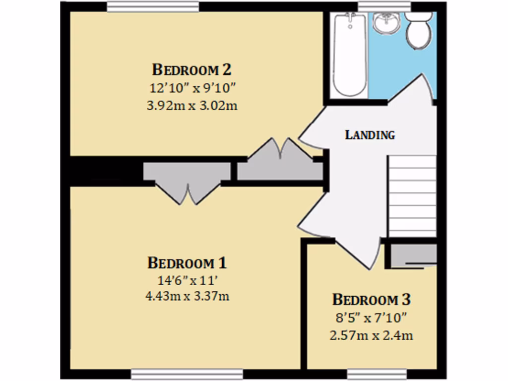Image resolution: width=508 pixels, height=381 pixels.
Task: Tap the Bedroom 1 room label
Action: click(187, 262)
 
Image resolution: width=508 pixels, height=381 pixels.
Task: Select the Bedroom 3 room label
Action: click(372, 300)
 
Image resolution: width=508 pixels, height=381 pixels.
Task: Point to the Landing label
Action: click(370, 134)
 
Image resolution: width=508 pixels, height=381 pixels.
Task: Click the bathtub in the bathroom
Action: click(350, 55)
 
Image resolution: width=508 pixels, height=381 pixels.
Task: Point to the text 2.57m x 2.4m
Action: click(372, 335)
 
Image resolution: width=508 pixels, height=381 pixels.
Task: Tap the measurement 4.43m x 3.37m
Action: click(187, 297)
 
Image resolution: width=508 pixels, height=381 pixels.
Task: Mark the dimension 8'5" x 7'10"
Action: click(372, 317)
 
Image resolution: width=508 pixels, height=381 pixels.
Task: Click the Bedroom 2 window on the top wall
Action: click(153, 7)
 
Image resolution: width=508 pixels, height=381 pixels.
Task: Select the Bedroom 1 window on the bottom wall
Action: click(187, 374)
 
